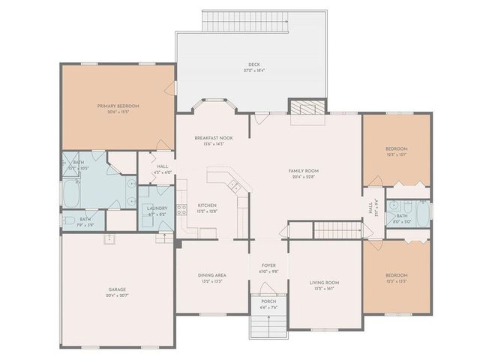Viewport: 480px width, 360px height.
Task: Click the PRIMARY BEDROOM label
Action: [x=118, y=106]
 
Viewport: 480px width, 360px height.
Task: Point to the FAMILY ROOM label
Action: [x=304, y=171]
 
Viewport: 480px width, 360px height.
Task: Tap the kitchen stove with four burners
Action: [x=180, y=210]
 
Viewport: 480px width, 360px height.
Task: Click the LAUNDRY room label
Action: [x=157, y=208]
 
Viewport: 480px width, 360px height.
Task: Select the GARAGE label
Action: [x=116, y=289]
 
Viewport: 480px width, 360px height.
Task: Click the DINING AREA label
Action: [x=212, y=275]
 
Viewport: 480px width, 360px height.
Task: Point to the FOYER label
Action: [x=268, y=265]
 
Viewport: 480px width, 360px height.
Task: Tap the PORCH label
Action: [x=268, y=301]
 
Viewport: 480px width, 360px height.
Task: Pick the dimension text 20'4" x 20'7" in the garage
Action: [x=116, y=295]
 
